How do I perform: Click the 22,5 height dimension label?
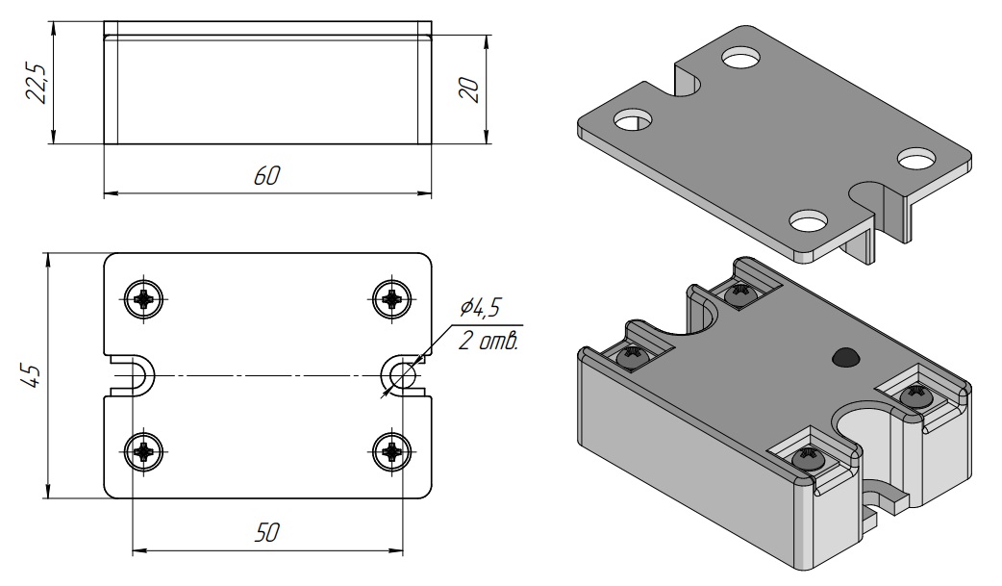[x=37, y=83]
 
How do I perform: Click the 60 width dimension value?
[x=266, y=176]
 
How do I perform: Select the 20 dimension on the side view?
[x=469, y=89]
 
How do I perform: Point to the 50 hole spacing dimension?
[x=266, y=532]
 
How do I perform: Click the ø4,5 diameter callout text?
[x=480, y=308]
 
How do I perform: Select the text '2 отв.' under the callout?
[x=488, y=341]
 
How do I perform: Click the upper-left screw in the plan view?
[x=143, y=297]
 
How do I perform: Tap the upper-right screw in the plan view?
[x=391, y=297]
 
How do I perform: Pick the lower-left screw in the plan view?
[x=143, y=451]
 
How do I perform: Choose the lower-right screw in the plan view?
[x=391, y=451]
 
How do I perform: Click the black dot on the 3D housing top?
[x=845, y=358]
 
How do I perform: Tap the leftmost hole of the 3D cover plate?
[x=632, y=119]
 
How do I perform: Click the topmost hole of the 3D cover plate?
[x=741, y=58]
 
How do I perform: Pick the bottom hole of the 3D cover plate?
[x=809, y=220]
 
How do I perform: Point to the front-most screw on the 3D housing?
[x=807, y=459]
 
